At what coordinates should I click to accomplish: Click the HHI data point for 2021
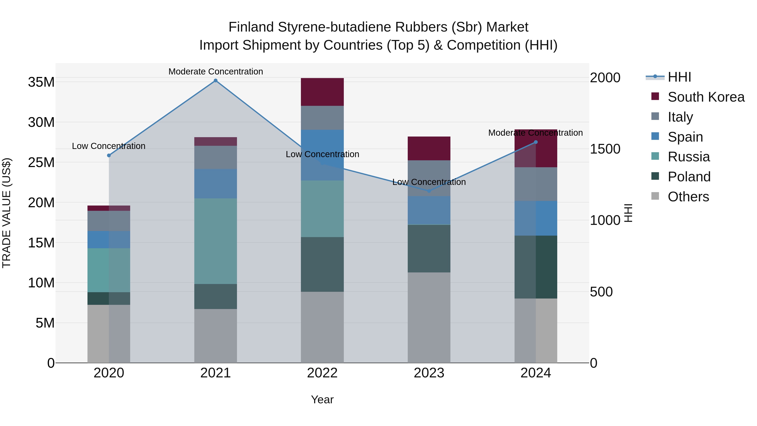[215, 81]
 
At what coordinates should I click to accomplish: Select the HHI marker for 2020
[109, 155]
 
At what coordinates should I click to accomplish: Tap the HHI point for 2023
[429, 191]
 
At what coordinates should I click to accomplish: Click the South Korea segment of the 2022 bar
[322, 92]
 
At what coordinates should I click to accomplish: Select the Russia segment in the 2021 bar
[215, 241]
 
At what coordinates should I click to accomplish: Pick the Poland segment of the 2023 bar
[429, 248]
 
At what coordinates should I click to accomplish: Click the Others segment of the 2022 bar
[322, 327]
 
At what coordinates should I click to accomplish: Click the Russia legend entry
[688, 157]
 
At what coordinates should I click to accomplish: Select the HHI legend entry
[679, 77]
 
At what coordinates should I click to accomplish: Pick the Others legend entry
[688, 197]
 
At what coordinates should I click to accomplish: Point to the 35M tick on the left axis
[41, 82]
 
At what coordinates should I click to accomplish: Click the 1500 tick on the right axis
[605, 149]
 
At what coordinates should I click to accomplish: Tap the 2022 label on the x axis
[322, 373]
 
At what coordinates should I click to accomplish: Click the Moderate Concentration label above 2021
[215, 72]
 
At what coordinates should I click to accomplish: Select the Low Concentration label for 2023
[429, 182]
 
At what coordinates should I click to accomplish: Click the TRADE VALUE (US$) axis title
[7, 213]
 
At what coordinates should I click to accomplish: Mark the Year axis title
[322, 399]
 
